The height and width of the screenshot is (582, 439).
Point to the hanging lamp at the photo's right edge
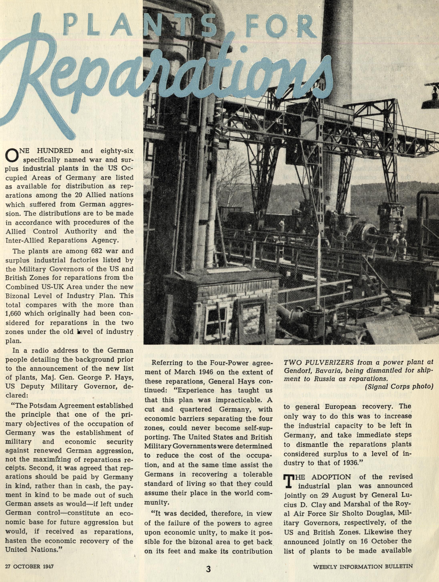tap(431, 103)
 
